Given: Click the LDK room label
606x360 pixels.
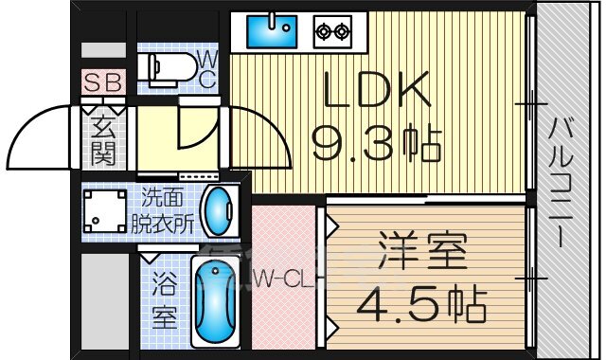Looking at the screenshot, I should click(x=377, y=93).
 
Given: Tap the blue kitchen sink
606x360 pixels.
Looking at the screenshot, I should click(x=273, y=31).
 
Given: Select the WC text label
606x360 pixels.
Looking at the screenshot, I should click(x=207, y=68).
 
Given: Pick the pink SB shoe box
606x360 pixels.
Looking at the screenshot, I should click(x=101, y=82).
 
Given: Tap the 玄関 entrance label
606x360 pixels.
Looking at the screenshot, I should click(x=102, y=140).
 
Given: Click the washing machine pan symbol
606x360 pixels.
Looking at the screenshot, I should click(x=103, y=211).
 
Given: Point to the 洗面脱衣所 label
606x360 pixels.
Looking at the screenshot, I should click(x=168, y=212).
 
